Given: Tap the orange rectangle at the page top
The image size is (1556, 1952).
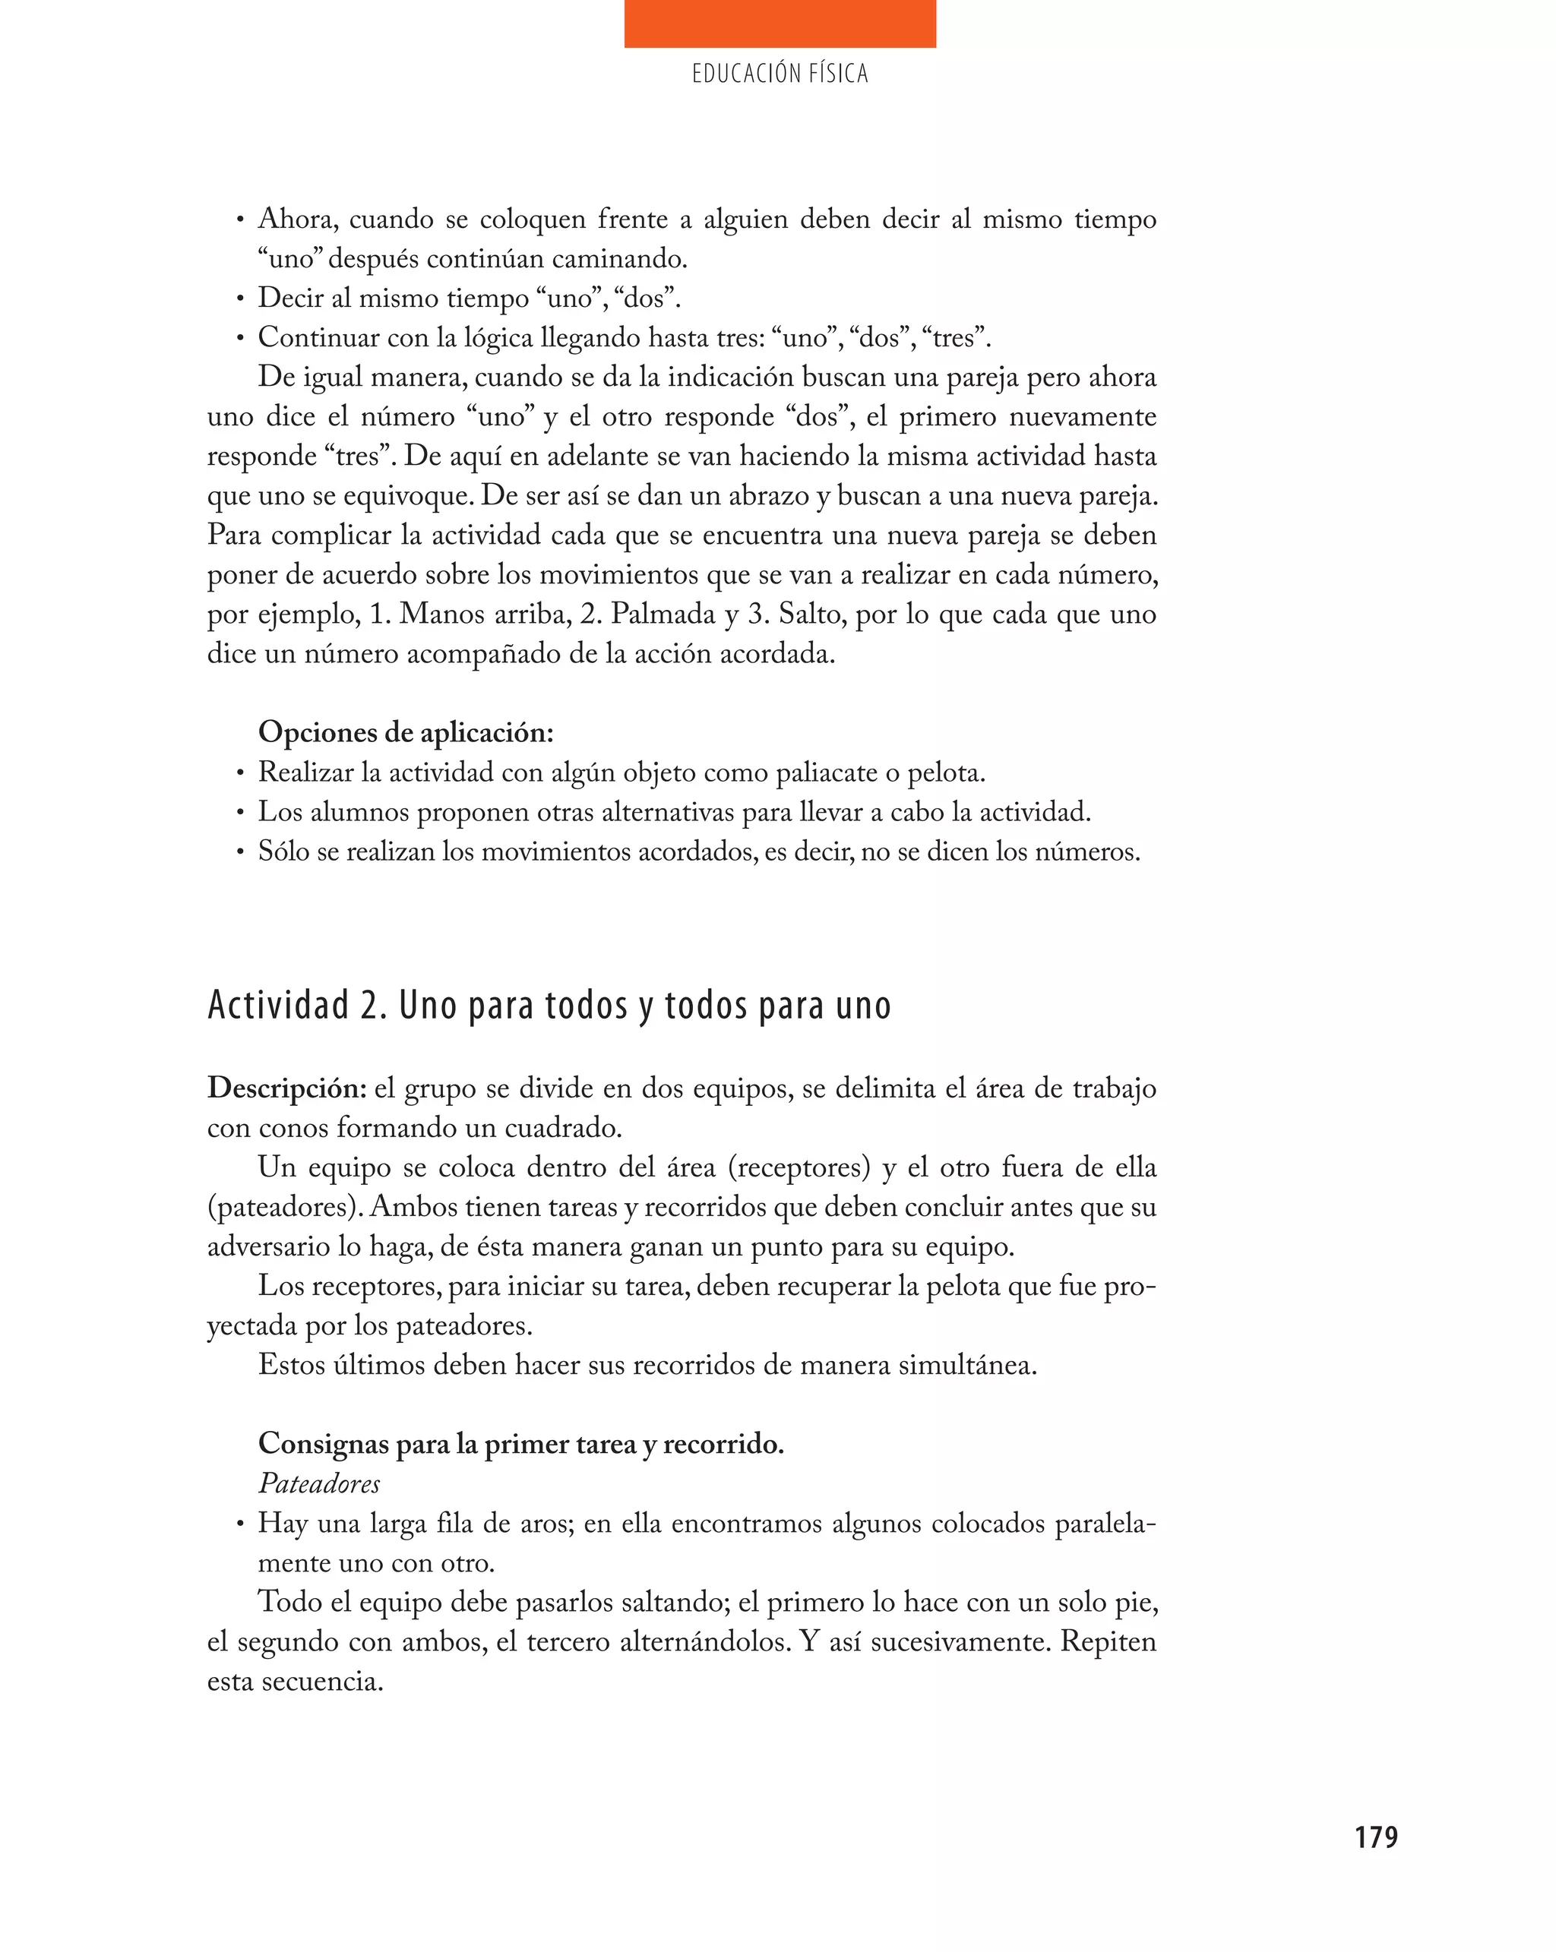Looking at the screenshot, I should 779,24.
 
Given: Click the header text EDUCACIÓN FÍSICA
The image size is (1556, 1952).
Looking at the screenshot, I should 779,74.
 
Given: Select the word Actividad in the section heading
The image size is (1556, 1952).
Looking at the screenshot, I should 278,1005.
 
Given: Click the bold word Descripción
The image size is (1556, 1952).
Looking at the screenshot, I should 286,1089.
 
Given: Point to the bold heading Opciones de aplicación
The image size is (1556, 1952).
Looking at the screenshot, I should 405,732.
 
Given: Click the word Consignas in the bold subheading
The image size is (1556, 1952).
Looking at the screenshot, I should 324,1444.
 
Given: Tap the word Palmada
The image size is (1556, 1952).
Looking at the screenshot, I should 663,614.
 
